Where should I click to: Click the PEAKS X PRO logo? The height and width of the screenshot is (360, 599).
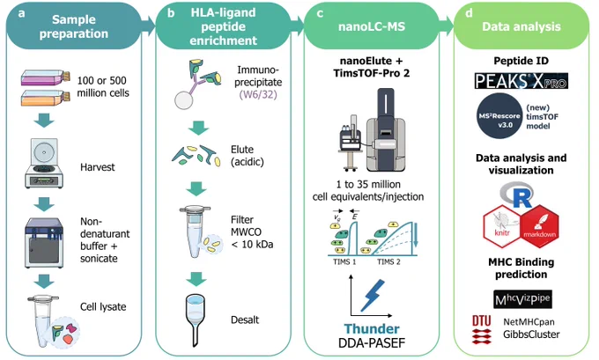(x=521, y=81)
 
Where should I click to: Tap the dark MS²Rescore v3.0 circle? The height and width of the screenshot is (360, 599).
(x=499, y=115)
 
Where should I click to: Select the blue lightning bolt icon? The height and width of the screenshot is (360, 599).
(x=373, y=296)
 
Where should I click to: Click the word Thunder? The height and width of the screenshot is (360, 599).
(x=372, y=328)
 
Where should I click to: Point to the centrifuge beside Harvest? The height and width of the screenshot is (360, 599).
(x=44, y=163)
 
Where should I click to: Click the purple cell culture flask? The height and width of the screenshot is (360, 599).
(x=46, y=77)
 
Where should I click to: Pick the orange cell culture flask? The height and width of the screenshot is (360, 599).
(x=46, y=98)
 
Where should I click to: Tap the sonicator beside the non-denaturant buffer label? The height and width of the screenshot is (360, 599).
(x=44, y=243)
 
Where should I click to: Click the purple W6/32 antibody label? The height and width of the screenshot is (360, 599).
(x=258, y=94)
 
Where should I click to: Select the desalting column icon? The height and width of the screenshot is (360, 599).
(x=196, y=320)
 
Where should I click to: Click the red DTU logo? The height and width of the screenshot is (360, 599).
(x=481, y=329)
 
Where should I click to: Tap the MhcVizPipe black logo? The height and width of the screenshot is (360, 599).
(x=522, y=299)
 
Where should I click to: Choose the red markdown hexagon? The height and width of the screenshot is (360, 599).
(x=539, y=226)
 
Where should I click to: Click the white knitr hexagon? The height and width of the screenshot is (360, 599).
(x=502, y=226)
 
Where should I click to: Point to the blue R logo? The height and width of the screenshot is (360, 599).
(x=518, y=195)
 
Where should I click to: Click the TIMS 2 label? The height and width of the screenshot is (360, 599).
(x=388, y=262)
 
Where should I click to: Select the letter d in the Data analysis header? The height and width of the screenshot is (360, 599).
(x=469, y=13)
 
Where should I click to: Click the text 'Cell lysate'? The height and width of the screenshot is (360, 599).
(x=103, y=307)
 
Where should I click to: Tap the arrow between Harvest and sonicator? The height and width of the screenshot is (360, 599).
(x=44, y=204)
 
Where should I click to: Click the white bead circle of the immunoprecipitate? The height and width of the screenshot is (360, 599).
(x=184, y=100)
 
